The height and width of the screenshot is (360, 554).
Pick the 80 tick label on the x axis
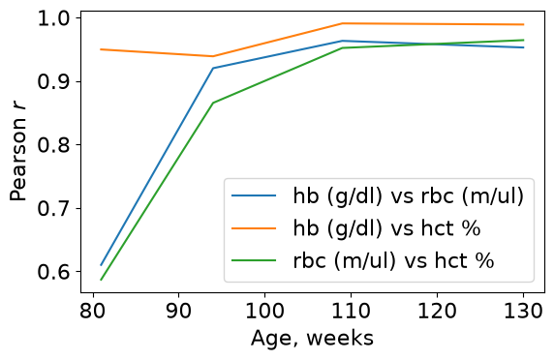(93, 312)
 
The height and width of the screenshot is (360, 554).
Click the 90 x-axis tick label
(179, 312)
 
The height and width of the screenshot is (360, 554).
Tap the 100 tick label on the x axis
(265, 312)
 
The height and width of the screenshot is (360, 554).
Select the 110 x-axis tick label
(351, 312)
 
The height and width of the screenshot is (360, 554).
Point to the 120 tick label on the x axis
(437, 312)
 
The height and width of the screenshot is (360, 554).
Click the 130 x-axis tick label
(523, 312)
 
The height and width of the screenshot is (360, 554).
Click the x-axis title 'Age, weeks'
(312, 339)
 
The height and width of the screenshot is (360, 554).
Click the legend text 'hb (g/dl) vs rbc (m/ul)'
(409, 195)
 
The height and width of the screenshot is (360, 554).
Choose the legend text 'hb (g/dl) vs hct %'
(386, 228)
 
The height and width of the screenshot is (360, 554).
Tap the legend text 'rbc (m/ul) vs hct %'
(393, 261)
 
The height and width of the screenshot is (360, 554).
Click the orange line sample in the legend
(254, 228)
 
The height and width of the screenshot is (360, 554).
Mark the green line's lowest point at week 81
(101, 281)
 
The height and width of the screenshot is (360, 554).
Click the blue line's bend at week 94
(213, 68)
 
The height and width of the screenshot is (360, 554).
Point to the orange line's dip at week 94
(213, 56)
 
